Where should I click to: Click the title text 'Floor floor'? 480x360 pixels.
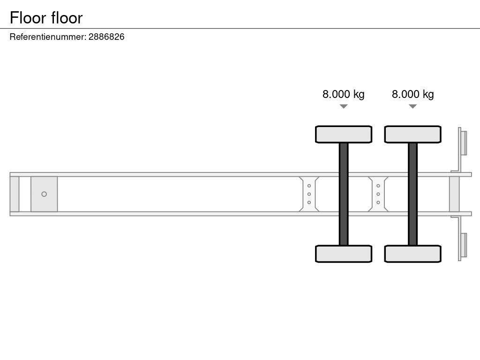click(x=46, y=18)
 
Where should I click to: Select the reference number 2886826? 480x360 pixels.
click(x=106, y=37)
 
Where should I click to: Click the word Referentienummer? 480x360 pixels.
click(x=48, y=37)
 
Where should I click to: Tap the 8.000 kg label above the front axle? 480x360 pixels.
click(x=344, y=94)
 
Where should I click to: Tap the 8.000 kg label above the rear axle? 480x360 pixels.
click(x=412, y=94)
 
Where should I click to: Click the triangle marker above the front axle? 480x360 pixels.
click(x=344, y=106)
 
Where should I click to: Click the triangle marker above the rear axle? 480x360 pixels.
click(x=412, y=106)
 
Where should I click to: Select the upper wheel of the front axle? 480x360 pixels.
click(x=344, y=135)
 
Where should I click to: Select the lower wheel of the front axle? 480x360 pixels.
click(x=344, y=254)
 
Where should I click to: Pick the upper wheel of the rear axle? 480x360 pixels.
click(x=412, y=135)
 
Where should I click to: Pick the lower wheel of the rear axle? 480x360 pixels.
click(x=412, y=254)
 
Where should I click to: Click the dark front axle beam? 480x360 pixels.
click(x=344, y=194)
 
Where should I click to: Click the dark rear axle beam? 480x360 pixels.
click(x=412, y=194)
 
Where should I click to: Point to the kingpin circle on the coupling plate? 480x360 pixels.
click(x=44, y=194)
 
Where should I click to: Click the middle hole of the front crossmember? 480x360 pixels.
click(x=309, y=194)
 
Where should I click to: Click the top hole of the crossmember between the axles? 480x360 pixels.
click(x=378, y=186)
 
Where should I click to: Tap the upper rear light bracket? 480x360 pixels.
click(x=462, y=144)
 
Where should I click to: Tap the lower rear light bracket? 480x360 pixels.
click(x=462, y=244)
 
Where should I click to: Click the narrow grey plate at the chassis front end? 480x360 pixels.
click(x=15, y=194)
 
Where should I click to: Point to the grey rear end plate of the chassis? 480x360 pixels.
click(x=454, y=194)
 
